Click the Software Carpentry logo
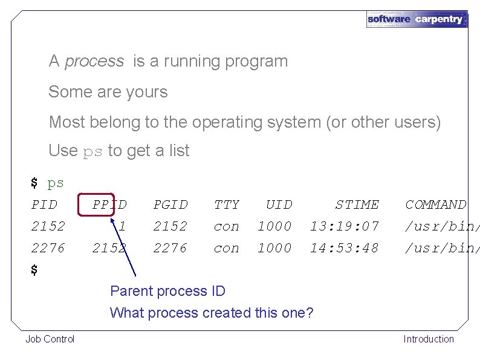[x=417, y=19]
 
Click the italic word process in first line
[x=94, y=61]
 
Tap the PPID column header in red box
[x=109, y=205]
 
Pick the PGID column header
[x=170, y=205]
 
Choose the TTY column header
[x=227, y=205]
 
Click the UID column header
[x=279, y=205]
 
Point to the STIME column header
[x=357, y=205]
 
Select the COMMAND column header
[x=435, y=205]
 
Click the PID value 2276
[x=48, y=248]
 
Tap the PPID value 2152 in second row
[x=109, y=248]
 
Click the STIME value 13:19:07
[x=344, y=226]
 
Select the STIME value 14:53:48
[x=344, y=248]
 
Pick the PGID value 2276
[x=170, y=248]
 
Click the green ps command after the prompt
[x=56, y=183]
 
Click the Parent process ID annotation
[x=167, y=291]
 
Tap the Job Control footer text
[x=50, y=339]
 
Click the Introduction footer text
[x=429, y=339]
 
